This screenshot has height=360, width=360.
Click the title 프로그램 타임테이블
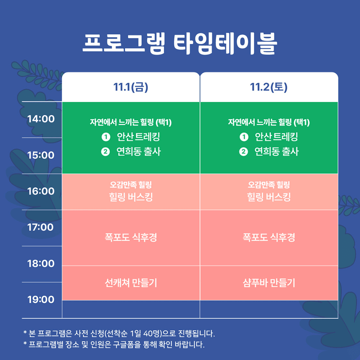[x=180, y=44]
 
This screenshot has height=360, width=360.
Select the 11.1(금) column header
[x=131, y=87]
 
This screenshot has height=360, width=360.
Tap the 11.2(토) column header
[x=269, y=87]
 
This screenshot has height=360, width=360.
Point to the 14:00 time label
[x=41, y=119]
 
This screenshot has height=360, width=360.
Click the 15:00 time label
[x=41, y=155]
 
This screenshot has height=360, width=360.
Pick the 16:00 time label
[x=41, y=191]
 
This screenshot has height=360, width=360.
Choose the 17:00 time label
[x=41, y=227]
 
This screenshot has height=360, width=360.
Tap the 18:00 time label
[x=41, y=264]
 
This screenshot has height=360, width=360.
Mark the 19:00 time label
[x=41, y=300]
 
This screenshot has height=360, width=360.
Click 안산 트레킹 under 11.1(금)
[x=138, y=137]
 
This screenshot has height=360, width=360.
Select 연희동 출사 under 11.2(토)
[x=276, y=152]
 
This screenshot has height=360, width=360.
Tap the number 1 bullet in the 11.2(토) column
[x=244, y=137]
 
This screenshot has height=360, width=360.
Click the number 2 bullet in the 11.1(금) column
[x=105, y=152]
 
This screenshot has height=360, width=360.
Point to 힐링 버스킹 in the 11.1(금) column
[x=131, y=197]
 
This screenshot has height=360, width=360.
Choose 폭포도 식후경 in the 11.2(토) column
[x=269, y=238]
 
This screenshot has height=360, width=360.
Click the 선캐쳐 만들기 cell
[x=131, y=283]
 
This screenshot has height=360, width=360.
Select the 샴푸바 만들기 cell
[x=269, y=283]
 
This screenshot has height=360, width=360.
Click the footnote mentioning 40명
[x=119, y=333]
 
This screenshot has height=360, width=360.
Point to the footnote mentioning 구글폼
[x=114, y=345]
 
